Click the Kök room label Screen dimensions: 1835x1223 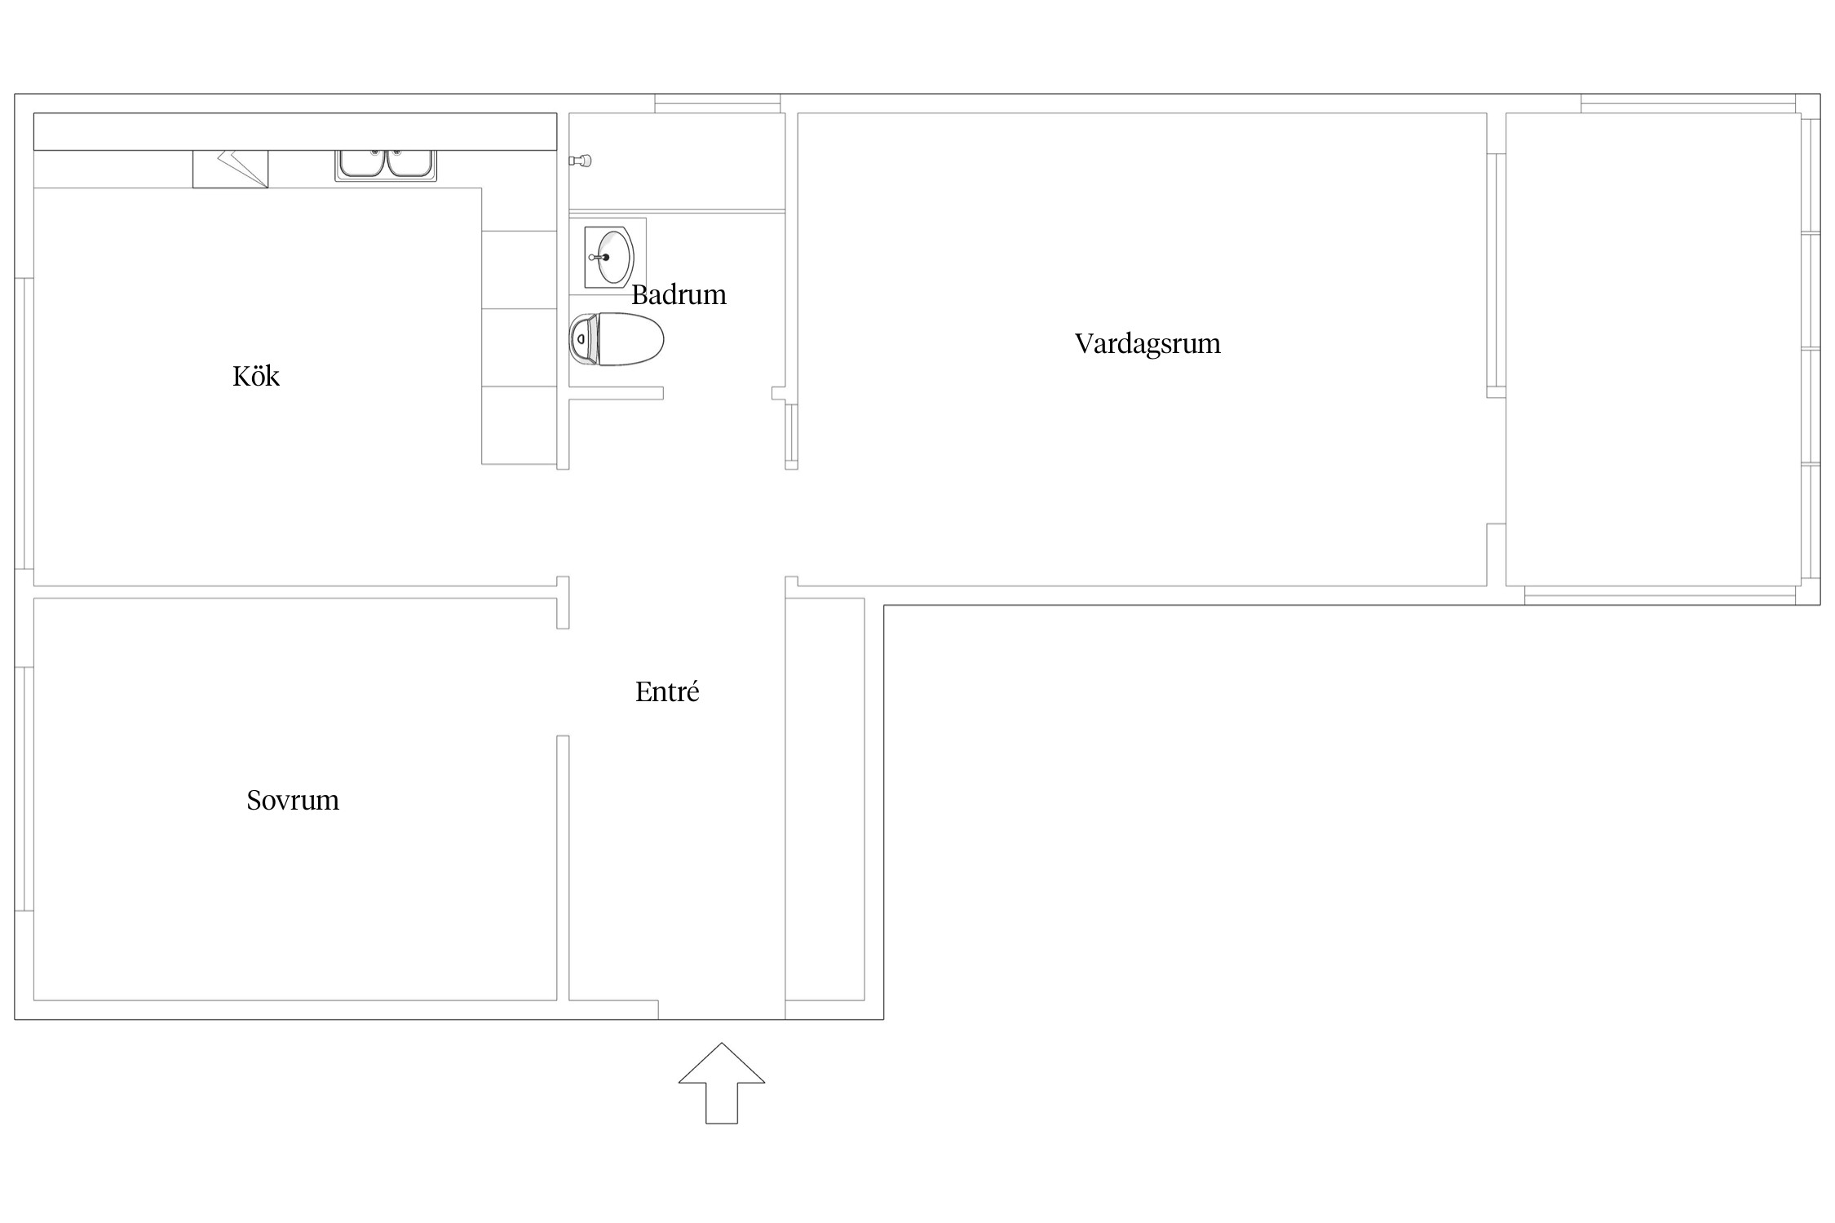coord(256,376)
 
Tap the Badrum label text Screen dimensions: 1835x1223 coord(679,294)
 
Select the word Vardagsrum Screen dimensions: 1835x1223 coord(1147,344)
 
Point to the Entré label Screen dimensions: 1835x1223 coord(667,691)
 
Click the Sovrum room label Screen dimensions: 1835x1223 coord(293,801)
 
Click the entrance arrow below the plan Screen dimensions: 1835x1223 coord(722,1083)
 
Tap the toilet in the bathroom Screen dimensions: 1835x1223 coord(617,339)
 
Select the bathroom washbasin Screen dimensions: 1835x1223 coord(609,258)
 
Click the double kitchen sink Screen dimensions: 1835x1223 coord(386,164)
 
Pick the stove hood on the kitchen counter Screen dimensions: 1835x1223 coord(230,169)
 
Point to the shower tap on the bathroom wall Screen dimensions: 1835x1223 coord(580,161)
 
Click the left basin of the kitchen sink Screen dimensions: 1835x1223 coord(362,162)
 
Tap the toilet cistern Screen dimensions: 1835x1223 coord(582,339)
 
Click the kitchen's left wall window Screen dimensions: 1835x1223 coord(24,423)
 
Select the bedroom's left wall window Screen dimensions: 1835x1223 coord(24,788)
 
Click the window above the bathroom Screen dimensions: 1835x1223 coord(718,104)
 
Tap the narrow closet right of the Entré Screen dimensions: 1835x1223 coord(825,799)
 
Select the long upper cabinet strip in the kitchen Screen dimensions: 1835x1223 coord(295,131)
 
